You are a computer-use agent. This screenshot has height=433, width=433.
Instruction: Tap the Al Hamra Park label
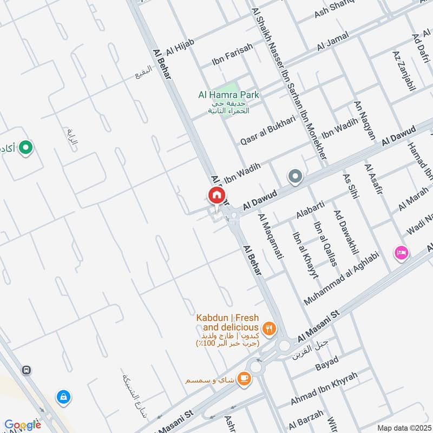(x=228, y=95)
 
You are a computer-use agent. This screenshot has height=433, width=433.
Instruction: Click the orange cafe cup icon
(x=244, y=379)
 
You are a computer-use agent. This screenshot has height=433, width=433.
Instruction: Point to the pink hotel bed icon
(x=402, y=252)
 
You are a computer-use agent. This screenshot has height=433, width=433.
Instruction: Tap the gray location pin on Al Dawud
(x=295, y=176)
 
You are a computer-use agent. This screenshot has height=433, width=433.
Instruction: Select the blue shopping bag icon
(x=64, y=397)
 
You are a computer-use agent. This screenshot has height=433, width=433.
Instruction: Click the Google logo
(x=23, y=425)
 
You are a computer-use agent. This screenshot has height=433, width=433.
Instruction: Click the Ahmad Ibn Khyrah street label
(x=324, y=388)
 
